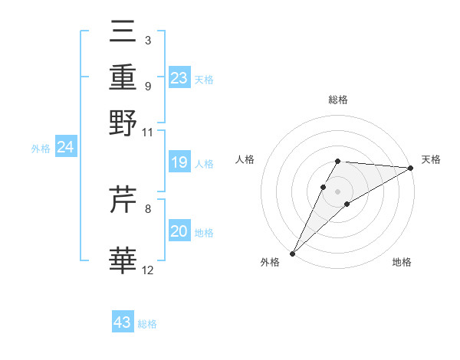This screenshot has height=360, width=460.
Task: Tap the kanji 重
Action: [123, 77]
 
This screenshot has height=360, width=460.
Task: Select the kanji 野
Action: [123, 123]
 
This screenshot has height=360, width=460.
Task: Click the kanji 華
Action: [123, 260]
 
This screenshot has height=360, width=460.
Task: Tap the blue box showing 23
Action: [179, 78]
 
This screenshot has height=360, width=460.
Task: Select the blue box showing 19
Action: [179, 162]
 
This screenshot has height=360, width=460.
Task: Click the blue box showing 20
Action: [179, 231]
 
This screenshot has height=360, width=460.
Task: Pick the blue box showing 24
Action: [65, 148]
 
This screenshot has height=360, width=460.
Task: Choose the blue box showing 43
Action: [123, 322]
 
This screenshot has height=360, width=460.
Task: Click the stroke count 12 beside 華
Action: [148, 269]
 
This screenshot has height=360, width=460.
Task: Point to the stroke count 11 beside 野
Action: [148, 132]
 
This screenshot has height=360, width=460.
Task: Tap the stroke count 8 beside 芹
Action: [148, 208]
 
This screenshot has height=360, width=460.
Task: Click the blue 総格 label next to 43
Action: [147, 324]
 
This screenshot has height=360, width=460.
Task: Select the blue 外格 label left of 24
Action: [40, 149]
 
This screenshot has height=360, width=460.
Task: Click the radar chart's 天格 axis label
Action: [431, 159]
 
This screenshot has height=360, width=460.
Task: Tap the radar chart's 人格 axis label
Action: [245, 159]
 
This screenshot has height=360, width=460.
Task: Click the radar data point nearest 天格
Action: [411, 168]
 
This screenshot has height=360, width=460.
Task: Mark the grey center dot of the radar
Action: [337, 191]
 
